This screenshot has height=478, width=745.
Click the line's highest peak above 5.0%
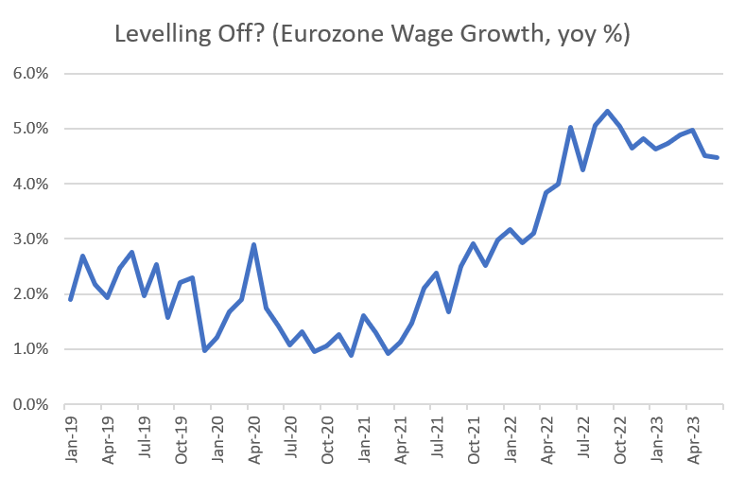[607, 111]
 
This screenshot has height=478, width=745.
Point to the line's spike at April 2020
[253, 244]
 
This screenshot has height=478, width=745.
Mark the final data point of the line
[719, 157]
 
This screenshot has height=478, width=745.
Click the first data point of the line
[71, 300]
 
